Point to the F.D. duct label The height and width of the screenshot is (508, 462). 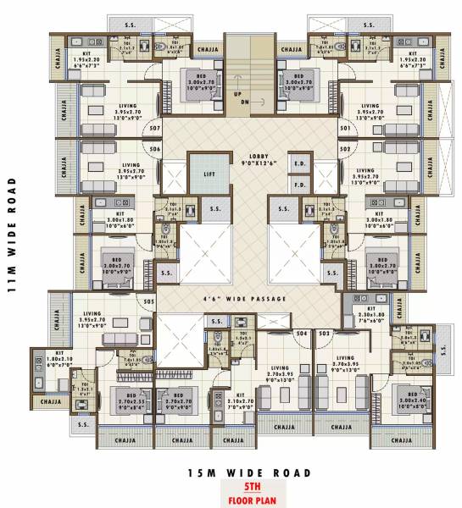pos(299,184)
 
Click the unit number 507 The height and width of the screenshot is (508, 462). pos(154,130)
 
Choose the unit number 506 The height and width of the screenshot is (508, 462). pos(154,149)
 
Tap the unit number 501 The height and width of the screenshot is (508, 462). pos(345,130)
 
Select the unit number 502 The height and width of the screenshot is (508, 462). pos(345,149)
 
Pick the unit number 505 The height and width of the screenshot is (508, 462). pos(148,301)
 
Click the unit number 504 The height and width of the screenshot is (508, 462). pos(300,334)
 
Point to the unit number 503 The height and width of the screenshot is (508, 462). pos(324,334)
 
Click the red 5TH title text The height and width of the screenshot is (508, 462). pos(245,488)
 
